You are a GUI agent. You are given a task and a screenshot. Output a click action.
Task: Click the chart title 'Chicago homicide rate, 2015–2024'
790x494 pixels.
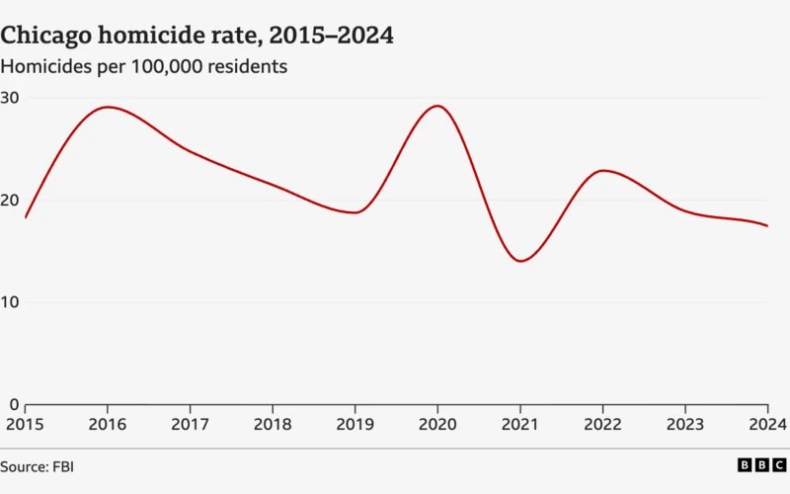click(197, 37)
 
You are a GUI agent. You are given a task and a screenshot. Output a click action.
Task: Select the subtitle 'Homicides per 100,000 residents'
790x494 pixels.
click(144, 67)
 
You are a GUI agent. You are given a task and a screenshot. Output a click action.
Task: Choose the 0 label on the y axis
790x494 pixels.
click(14, 404)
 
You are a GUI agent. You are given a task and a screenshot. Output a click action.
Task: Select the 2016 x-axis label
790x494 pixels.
click(108, 424)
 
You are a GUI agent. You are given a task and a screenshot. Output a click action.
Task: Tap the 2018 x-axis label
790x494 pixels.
click(273, 424)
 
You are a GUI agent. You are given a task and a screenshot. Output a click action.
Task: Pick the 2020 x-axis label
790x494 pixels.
click(437, 424)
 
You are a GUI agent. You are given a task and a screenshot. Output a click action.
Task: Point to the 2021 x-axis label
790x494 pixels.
click(520, 424)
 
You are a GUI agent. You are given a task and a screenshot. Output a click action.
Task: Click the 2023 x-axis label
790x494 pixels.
click(685, 424)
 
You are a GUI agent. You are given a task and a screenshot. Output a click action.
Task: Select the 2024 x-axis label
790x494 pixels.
click(767, 424)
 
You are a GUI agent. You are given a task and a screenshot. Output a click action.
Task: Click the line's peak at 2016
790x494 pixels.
click(108, 107)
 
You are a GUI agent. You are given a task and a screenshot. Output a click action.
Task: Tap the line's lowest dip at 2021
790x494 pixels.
click(520, 261)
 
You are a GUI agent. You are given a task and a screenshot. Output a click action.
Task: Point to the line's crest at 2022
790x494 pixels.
click(603, 171)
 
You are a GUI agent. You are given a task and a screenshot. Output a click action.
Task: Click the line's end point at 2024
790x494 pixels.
click(767, 226)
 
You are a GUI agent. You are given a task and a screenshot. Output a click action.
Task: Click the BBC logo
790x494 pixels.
click(761, 464)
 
